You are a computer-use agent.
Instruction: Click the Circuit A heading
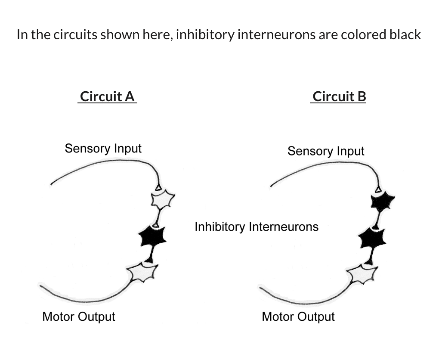coord(108,96)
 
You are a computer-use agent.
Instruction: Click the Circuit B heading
coord(339,96)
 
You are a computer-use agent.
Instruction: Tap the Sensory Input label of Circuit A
coord(103,149)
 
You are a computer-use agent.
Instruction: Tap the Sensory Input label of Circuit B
coord(325,151)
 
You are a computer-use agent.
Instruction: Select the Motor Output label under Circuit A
coord(79,317)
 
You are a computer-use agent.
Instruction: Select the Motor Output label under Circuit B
coord(298,317)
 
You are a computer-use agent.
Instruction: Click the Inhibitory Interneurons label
coord(257,227)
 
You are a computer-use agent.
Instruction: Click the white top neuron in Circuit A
coord(163,199)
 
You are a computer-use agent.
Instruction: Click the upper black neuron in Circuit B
coord(382,202)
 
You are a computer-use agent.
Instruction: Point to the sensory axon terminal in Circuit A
coord(158,188)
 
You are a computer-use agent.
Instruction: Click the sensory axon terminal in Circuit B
coord(378,189)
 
